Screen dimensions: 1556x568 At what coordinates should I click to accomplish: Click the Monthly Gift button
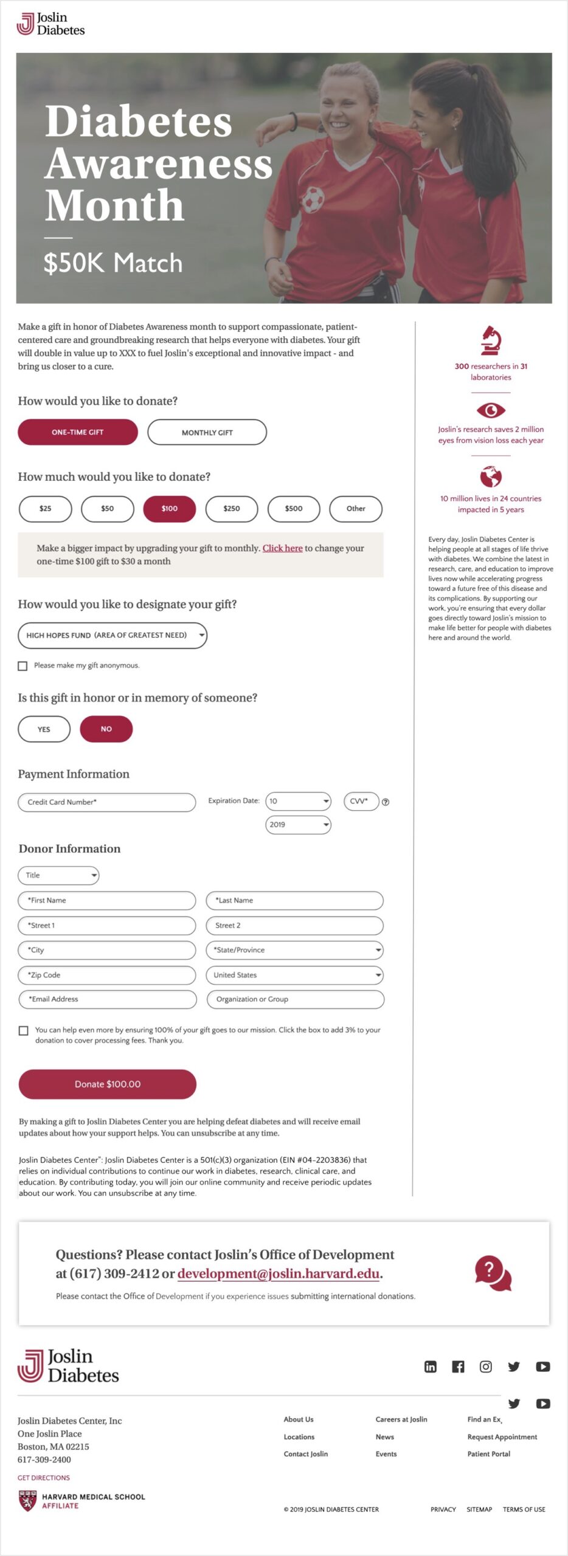207,432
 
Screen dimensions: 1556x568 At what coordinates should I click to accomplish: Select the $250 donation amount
232,509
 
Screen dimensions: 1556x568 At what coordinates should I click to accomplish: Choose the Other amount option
356,509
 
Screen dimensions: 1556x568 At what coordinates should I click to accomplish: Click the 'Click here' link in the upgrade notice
282,548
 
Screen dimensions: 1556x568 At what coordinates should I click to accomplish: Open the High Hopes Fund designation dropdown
113,635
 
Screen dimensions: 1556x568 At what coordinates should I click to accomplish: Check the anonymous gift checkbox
23,666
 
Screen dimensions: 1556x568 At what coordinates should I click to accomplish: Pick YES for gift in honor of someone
44,729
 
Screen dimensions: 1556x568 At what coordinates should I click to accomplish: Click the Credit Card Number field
107,802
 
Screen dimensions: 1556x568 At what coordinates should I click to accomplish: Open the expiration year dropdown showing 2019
298,825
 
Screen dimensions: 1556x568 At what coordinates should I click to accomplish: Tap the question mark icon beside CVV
386,802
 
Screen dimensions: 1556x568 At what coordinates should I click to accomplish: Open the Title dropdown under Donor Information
58,875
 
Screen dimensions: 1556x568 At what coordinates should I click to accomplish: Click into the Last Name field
295,901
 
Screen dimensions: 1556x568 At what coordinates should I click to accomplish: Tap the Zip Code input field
107,975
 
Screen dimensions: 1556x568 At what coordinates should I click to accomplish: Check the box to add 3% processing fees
24,1031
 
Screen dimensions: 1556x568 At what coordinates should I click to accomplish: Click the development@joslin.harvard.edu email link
279,1273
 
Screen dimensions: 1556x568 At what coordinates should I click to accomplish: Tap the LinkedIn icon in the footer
431,1367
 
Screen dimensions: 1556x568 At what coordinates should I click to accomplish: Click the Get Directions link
44,1478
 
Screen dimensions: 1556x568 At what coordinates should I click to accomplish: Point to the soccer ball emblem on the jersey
313,199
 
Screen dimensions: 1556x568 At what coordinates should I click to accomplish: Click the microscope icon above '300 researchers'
491,340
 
